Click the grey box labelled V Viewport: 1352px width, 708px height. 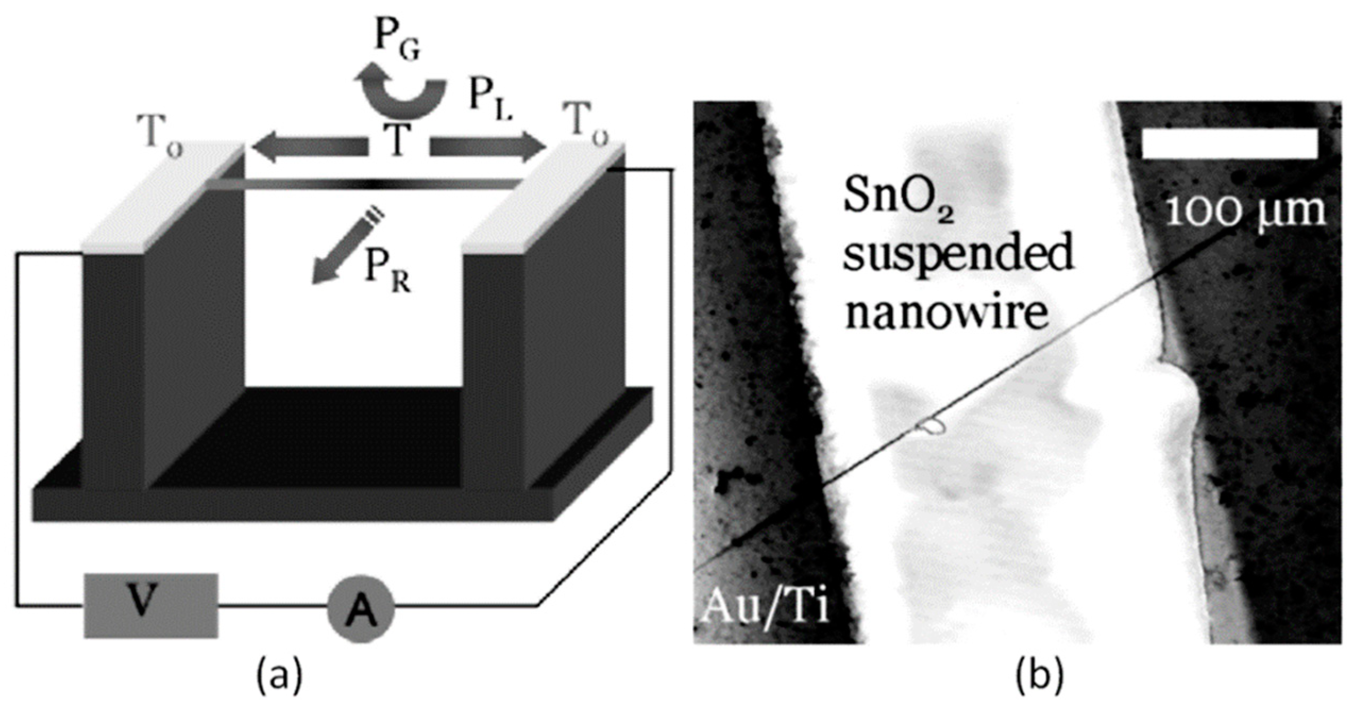[x=151, y=605]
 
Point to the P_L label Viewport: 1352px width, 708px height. [x=490, y=101]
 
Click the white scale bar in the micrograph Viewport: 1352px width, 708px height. [x=1229, y=144]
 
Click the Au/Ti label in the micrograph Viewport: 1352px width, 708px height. [x=765, y=606]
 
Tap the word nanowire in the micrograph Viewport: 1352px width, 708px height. [x=946, y=312]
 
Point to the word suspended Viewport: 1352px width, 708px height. [x=959, y=254]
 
